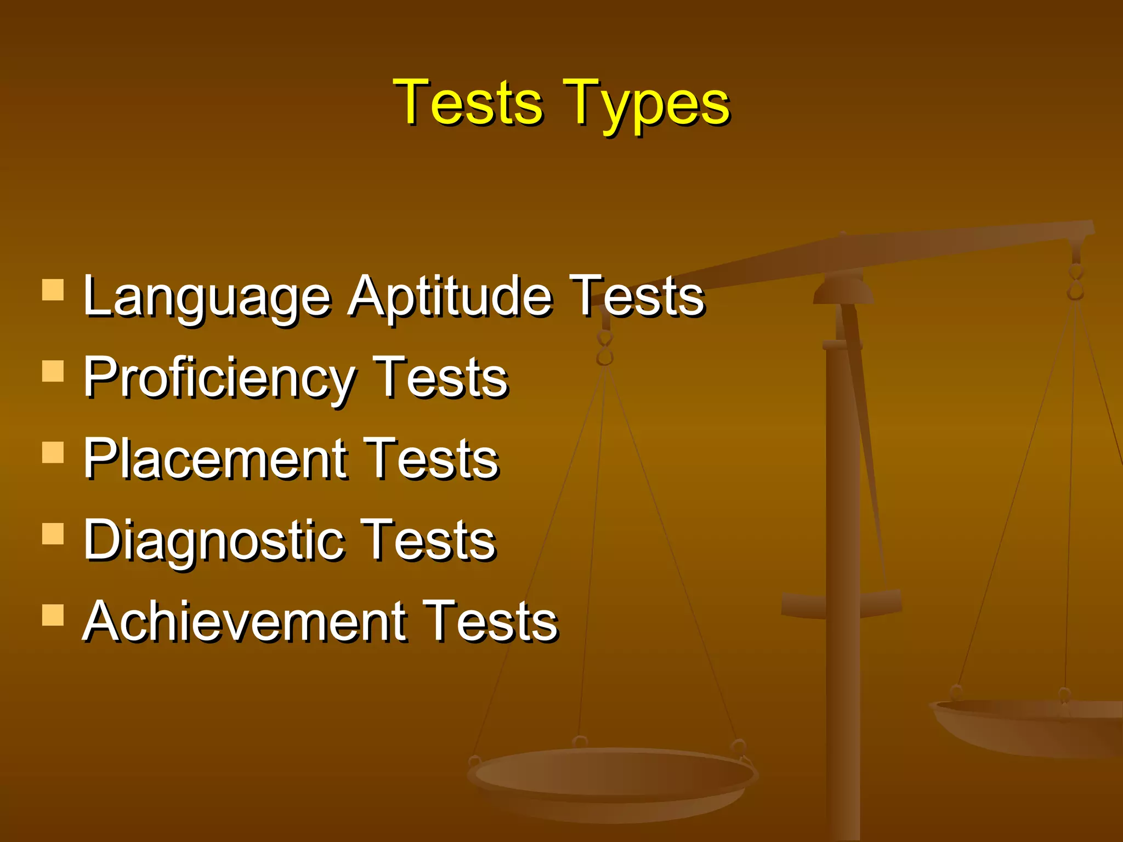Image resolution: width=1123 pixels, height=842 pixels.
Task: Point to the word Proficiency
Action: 219,378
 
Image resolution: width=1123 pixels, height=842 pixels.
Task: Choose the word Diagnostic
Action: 214,541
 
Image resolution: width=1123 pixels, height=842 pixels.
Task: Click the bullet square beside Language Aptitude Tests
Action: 53,290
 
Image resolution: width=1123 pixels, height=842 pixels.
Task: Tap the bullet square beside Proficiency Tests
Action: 53,371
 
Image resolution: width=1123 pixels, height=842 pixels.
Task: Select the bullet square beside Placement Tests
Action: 53,452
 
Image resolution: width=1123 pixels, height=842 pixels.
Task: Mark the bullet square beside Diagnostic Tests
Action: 53,533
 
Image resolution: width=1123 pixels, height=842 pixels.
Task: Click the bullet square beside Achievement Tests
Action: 53,615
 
